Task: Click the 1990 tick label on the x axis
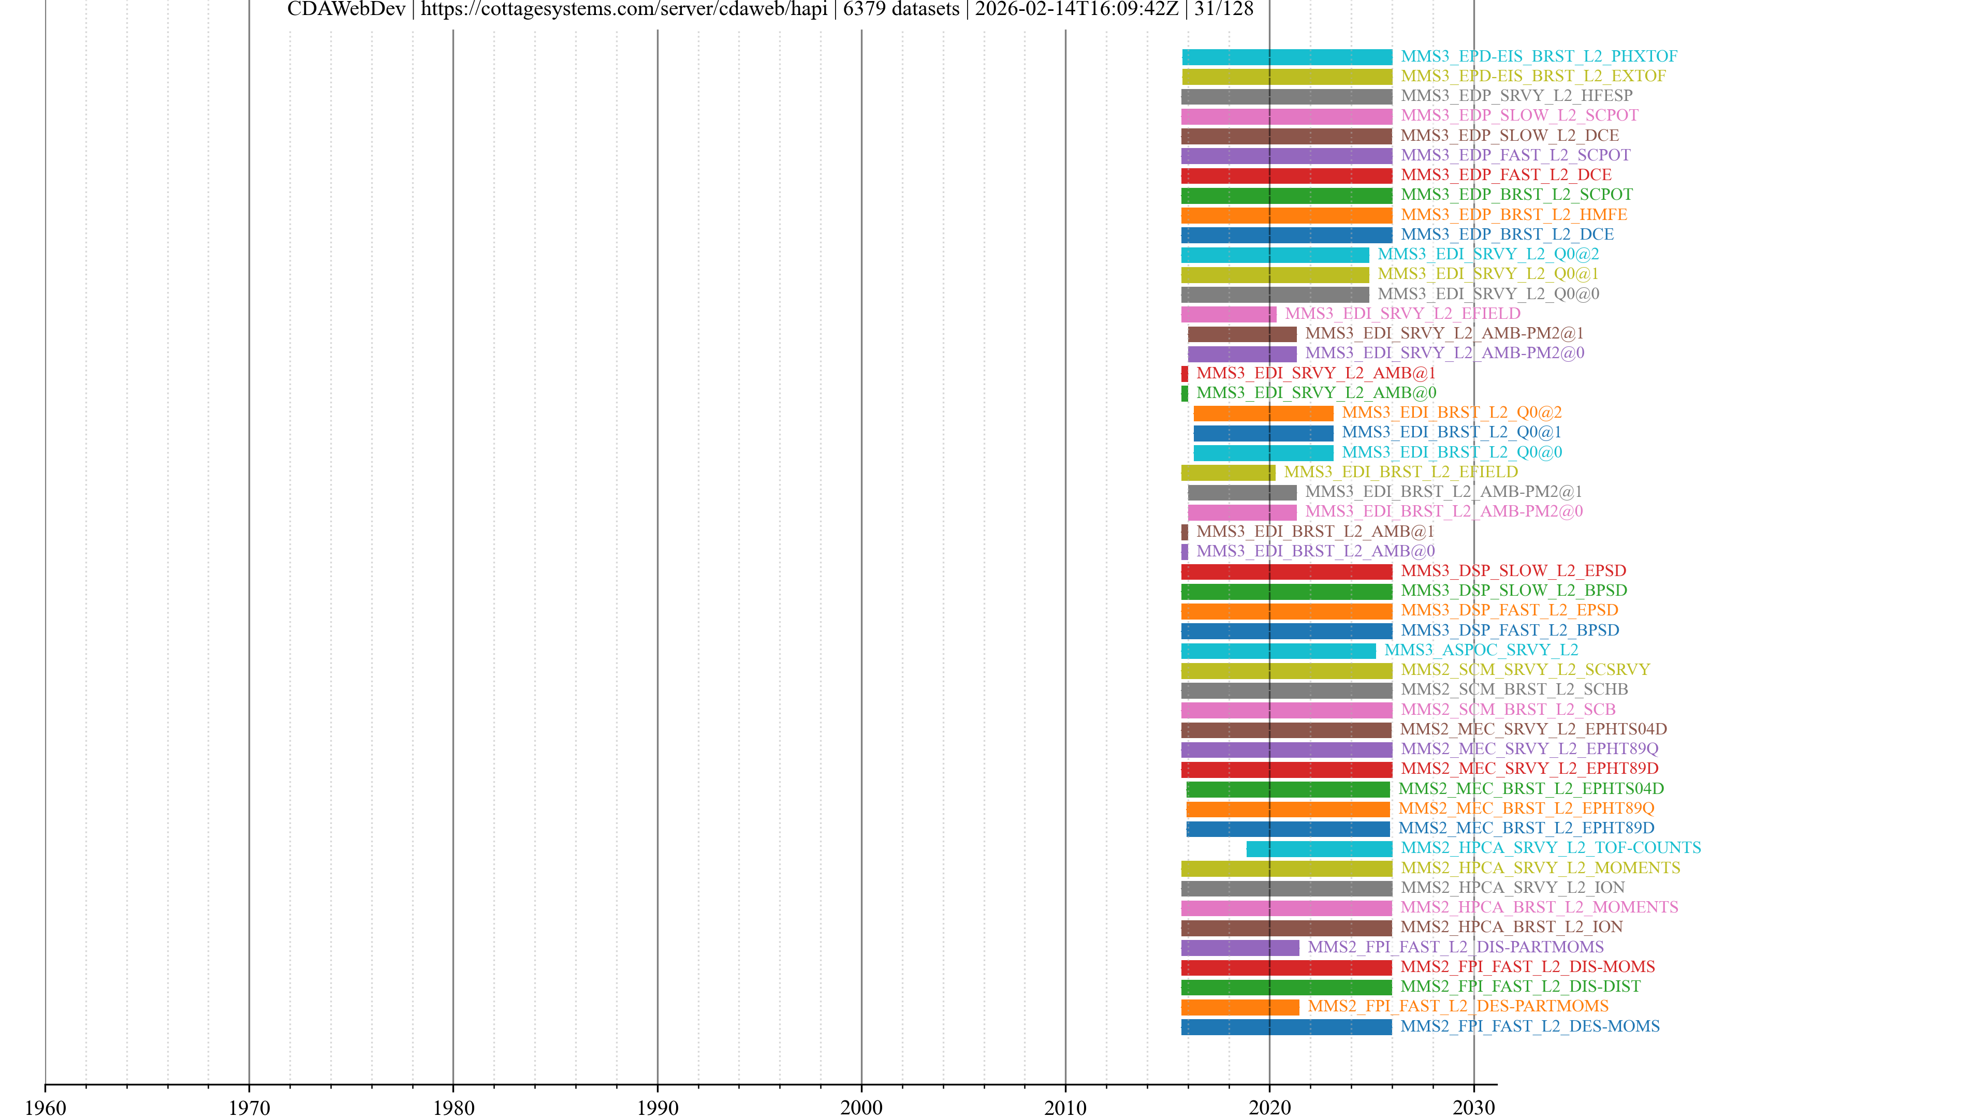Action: (x=657, y=1107)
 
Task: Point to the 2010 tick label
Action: (x=1065, y=1107)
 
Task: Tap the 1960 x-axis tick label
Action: (x=46, y=1107)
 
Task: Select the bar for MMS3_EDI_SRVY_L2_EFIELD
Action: (x=1228, y=314)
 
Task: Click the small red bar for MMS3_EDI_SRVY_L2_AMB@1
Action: (x=1185, y=373)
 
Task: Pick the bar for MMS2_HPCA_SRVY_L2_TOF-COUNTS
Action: (x=1319, y=849)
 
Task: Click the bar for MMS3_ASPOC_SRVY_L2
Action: (x=1278, y=651)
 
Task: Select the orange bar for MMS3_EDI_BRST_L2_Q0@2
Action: (x=1263, y=413)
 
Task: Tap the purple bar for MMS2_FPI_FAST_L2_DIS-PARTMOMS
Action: (x=1239, y=948)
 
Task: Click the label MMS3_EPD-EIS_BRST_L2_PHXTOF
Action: (x=1538, y=56)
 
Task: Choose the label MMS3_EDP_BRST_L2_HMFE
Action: (x=1513, y=214)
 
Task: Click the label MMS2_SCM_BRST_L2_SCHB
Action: (x=1513, y=689)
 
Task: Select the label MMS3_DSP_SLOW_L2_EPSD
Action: (x=1513, y=570)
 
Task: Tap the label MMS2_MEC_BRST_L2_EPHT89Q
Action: (x=1526, y=808)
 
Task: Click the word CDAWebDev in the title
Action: (x=346, y=9)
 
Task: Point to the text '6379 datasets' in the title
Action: (x=901, y=9)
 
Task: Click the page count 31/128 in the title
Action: (x=1223, y=9)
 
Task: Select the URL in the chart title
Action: (x=623, y=9)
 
